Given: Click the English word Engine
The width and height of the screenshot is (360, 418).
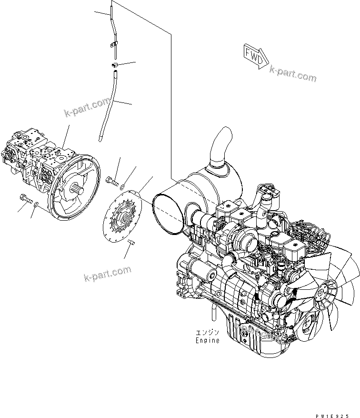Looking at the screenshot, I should click(x=208, y=340).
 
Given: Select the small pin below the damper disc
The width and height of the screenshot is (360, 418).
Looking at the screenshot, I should click(x=132, y=244).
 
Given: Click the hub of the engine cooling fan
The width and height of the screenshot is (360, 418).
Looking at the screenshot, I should click(x=328, y=289).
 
